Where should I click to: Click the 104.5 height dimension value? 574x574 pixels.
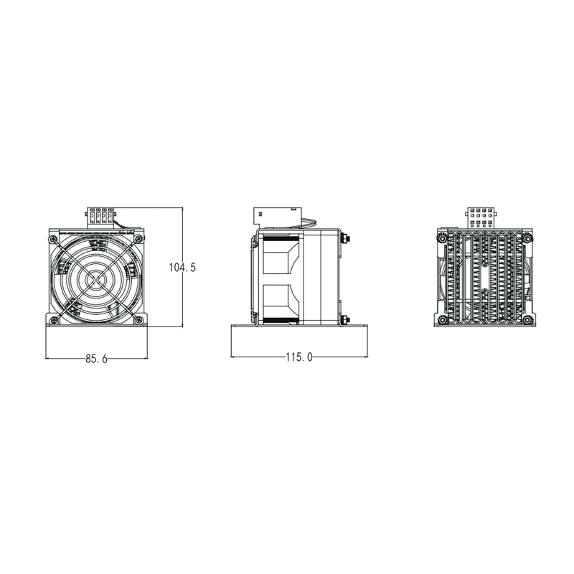tap(182, 268)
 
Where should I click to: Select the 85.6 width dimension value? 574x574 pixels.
tap(96, 359)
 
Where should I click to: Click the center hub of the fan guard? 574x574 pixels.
tap(97, 276)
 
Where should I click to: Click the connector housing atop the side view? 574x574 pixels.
tap(276, 216)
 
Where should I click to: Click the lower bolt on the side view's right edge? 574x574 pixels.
tap(347, 320)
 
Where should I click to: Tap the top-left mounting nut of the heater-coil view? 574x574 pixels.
tap(443, 237)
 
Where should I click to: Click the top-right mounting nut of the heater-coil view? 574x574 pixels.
tap(527, 237)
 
